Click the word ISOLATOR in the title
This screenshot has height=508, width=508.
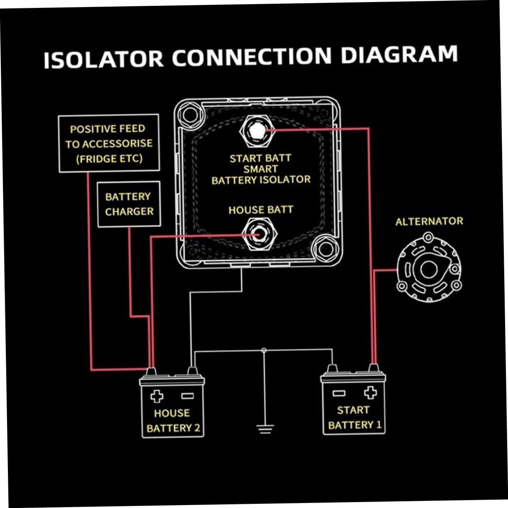click(x=104, y=59)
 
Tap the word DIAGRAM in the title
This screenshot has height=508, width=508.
click(x=399, y=55)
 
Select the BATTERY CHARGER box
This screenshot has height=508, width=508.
click(x=129, y=204)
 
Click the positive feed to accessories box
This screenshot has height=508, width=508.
click(x=109, y=143)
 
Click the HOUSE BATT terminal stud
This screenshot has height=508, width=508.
click(x=258, y=234)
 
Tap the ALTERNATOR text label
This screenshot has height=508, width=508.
click(x=429, y=221)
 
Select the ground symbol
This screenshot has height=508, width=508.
click(x=264, y=429)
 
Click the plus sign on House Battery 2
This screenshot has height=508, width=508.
click(x=157, y=396)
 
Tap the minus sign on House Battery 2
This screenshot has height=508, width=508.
click(x=187, y=396)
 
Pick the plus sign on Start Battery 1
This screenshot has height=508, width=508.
click(x=370, y=392)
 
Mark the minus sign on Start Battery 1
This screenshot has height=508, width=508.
click(x=339, y=393)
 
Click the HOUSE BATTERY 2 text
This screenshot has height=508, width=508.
click(x=173, y=420)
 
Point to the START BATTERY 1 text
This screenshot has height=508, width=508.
click(x=354, y=417)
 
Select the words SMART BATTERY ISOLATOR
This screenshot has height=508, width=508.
click(x=260, y=175)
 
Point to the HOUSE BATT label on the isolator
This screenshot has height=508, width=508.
click(x=260, y=210)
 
